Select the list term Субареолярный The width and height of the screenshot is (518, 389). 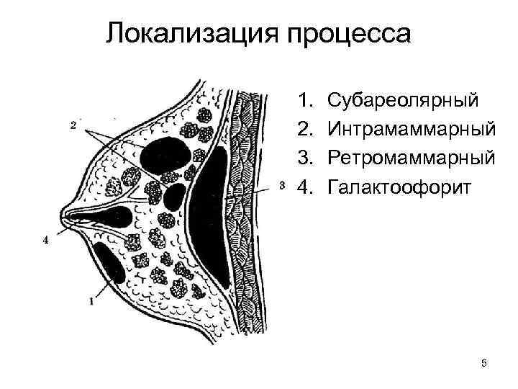pos(400,99)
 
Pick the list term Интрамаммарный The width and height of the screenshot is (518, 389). pos(411,128)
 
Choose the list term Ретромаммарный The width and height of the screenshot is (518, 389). pos(411,158)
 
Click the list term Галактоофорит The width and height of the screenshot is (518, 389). pos(399,187)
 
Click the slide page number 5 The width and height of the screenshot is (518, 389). pos(484,363)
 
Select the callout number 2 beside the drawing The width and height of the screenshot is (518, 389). pos(74,126)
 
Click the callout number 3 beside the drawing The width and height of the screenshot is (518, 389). pos(281,185)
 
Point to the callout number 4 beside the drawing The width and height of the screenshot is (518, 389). pos(46,241)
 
